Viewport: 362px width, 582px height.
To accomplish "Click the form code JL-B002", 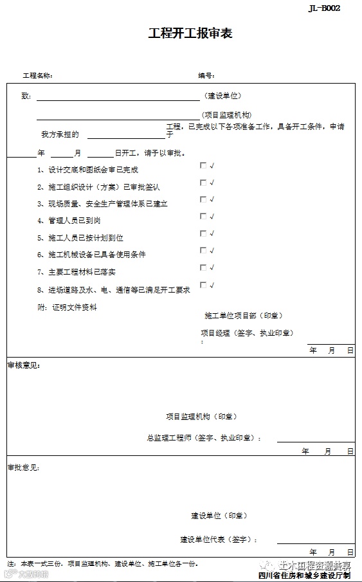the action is coord(324,8).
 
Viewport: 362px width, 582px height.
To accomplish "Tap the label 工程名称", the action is coord(38,76).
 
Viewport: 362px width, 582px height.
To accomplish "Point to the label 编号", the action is coord(206,76).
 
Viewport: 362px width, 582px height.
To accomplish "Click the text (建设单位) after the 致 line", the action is coord(223,96).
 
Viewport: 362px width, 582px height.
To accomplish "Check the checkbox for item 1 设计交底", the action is coord(203,165).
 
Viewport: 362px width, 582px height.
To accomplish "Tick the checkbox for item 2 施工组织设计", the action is coord(203,183).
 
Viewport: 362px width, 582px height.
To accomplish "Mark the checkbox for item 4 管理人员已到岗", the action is coord(203,217).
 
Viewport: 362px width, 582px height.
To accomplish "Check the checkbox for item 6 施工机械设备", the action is coord(203,251).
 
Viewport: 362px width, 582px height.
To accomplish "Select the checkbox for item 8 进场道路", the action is coord(203,285).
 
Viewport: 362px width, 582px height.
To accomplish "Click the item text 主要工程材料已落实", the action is coord(81,272).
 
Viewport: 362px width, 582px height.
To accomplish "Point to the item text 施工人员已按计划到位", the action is coord(85,238).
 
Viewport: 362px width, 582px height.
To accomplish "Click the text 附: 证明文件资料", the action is coord(67,307).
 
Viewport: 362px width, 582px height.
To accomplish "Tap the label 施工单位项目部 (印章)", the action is coord(243,316).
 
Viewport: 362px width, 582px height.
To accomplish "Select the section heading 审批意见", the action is coord(24,468).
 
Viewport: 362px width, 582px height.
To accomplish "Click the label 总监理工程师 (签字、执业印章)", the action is coord(204,438).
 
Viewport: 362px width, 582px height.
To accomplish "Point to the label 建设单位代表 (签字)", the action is coord(219,540).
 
